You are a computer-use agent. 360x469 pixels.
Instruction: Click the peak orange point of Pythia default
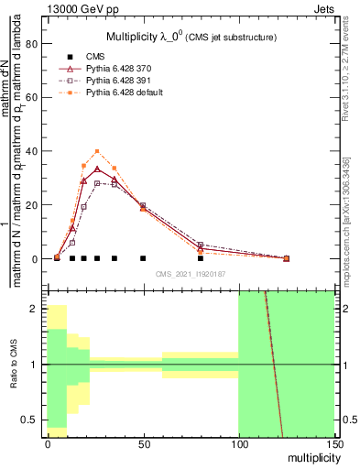point(97,151)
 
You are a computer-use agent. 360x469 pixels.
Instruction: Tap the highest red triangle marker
point(97,169)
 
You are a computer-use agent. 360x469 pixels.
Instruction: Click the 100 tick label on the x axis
point(238,443)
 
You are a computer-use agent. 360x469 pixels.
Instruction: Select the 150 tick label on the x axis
point(333,443)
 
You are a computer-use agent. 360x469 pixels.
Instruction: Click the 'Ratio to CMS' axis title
point(13,366)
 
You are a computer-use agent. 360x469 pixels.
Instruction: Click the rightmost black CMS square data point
point(201,258)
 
